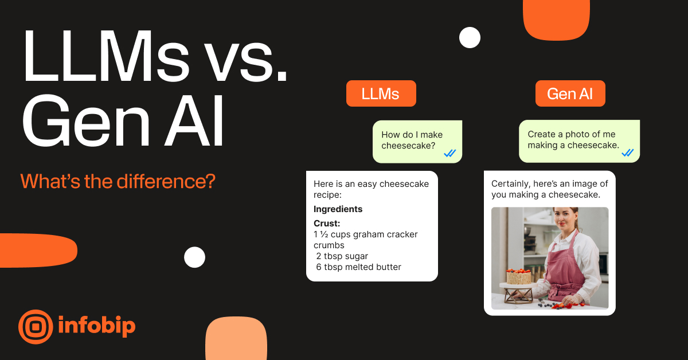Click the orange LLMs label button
(x=381, y=93)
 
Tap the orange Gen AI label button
(x=570, y=93)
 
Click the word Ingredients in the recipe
(x=338, y=209)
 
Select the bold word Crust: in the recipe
(x=327, y=223)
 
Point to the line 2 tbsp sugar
(x=342, y=256)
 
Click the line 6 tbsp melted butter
(x=358, y=267)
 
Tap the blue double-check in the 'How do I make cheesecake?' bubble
(x=449, y=152)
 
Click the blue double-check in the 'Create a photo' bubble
(x=627, y=152)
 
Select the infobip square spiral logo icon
(x=36, y=327)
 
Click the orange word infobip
(x=96, y=326)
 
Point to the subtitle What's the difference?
(x=118, y=181)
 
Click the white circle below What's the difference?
(x=194, y=257)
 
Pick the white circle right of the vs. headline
(x=470, y=38)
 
